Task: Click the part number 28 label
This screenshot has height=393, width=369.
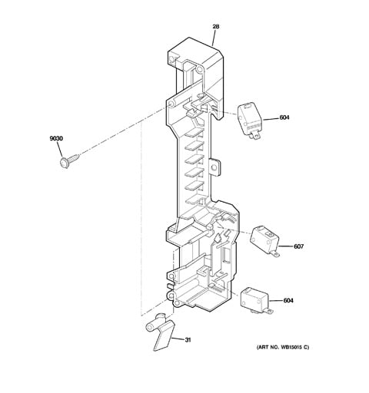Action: tap(216, 26)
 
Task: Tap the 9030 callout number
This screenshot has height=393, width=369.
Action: tap(56, 138)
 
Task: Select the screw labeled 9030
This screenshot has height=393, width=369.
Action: tap(68, 161)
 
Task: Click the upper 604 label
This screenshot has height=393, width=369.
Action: tap(284, 117)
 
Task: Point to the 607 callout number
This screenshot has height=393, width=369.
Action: tap(298, 246)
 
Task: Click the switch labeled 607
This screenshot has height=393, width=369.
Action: tap(264, 240)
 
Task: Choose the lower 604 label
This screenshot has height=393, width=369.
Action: tap(288, 300)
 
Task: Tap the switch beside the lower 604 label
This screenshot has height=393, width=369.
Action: tap(255, 301)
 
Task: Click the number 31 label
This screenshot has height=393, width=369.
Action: tap(188, 340)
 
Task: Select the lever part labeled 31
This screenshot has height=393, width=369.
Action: tap(160, 332)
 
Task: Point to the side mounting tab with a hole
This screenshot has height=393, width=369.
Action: tap(214, 167)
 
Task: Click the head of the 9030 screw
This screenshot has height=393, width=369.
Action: tap(64, 163)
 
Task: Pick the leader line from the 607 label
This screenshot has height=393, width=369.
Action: tap(286, 246)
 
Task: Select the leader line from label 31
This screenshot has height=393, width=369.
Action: tap(178, 339)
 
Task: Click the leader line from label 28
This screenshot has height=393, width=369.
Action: tap(214, 38)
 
